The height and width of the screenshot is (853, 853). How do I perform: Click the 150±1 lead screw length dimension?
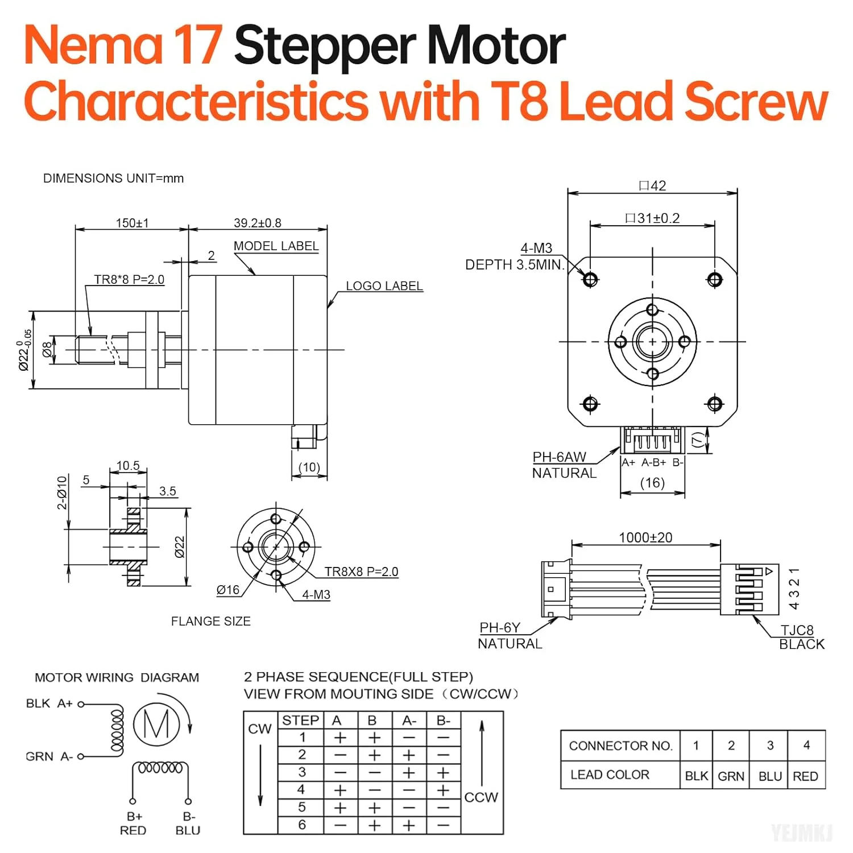click(x=132, y=223)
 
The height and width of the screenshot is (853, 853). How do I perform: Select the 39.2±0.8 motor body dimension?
click(x=257, y=223)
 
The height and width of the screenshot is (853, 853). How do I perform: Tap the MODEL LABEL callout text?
click(x=276, y=246)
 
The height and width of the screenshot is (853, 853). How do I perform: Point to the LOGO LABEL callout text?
click(x=384, y=286)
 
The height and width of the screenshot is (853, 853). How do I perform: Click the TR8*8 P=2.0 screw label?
click(x=129, y=280)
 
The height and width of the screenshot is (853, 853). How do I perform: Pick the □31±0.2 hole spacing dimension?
click(x=652, y=218)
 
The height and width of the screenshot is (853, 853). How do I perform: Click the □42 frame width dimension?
click(x=652, y=186)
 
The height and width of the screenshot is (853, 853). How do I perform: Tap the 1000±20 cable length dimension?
click(x=645, y=538)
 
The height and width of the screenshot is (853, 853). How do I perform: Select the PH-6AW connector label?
click(x=559, y=457)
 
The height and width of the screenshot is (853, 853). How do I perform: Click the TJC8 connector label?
click(x=797, y=630)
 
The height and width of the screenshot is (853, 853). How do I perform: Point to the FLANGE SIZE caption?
click(x=210, y=622)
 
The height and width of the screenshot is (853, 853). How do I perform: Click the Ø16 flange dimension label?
click(x=228, y=590)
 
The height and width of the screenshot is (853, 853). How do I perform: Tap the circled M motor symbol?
click(x=156, y=724)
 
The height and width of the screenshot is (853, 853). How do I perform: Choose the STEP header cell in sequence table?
click(x=300, y=721)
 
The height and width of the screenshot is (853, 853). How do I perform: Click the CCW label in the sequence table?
click(x=481, y=797)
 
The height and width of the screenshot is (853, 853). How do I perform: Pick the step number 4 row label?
click(x=301, y=790)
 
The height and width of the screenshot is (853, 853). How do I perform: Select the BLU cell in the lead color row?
click(x=770, y=776)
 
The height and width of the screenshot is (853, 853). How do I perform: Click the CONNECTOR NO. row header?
click(x=620, y=746)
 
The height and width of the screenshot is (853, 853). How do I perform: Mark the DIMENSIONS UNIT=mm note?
click(x=113, y=179)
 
